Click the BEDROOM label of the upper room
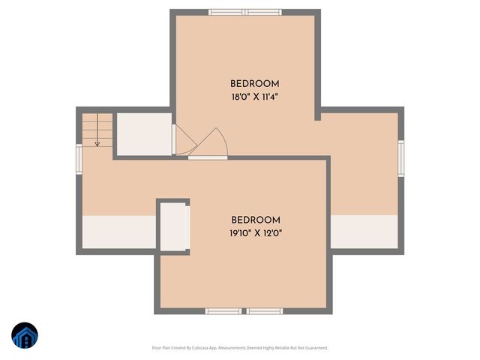click(x=255, y=83)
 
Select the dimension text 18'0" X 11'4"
click(x=255, y=97)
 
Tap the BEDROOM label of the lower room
click(x=256, y=220)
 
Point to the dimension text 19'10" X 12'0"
click(x=256, y=233)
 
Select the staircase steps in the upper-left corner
click(x=97, y=129)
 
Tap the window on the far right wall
click(x=400, y=158)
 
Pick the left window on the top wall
click(x=227, y=12)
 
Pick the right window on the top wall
click(x=264, y=12)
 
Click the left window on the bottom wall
click(x=224, y=310)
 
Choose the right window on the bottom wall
click(x=265, y=310)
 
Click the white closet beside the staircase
click(x=145, y=135)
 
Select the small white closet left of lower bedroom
click(x=173, y=226)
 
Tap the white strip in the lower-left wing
click(x=118, y=232)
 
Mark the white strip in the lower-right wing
click(x=364, y=231)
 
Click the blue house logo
click(x=25, y=335)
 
